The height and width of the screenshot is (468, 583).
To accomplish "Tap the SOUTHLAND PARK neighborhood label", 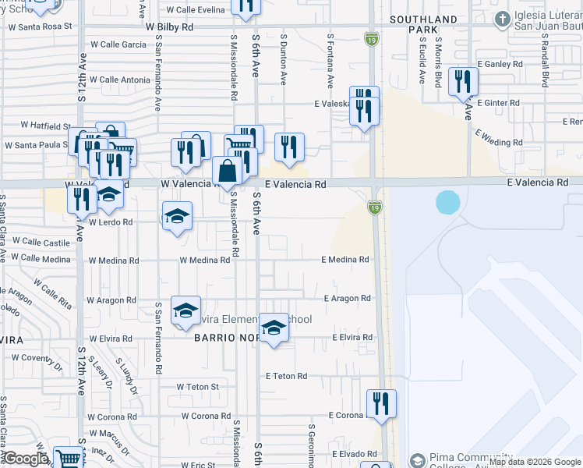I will point(424,24).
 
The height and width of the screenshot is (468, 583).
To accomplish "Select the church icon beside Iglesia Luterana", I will point(503,19).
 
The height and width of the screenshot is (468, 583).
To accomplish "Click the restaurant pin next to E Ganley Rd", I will point(463,82).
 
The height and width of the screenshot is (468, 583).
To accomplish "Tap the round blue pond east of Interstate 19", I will point(448,203).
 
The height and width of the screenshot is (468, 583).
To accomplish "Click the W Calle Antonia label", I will point(120,80).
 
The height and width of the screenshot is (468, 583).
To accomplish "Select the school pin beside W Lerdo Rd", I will point(177,216).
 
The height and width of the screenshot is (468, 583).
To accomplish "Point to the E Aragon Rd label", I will point(348,299).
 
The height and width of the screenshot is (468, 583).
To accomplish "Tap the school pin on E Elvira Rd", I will point(273,328).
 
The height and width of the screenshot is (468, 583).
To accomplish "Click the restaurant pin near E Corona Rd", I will point(381,404).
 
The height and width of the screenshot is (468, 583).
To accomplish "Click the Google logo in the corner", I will point(26,459).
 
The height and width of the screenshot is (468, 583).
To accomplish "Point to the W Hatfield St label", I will point(45,125).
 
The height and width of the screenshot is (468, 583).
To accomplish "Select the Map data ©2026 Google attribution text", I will point(535,462).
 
